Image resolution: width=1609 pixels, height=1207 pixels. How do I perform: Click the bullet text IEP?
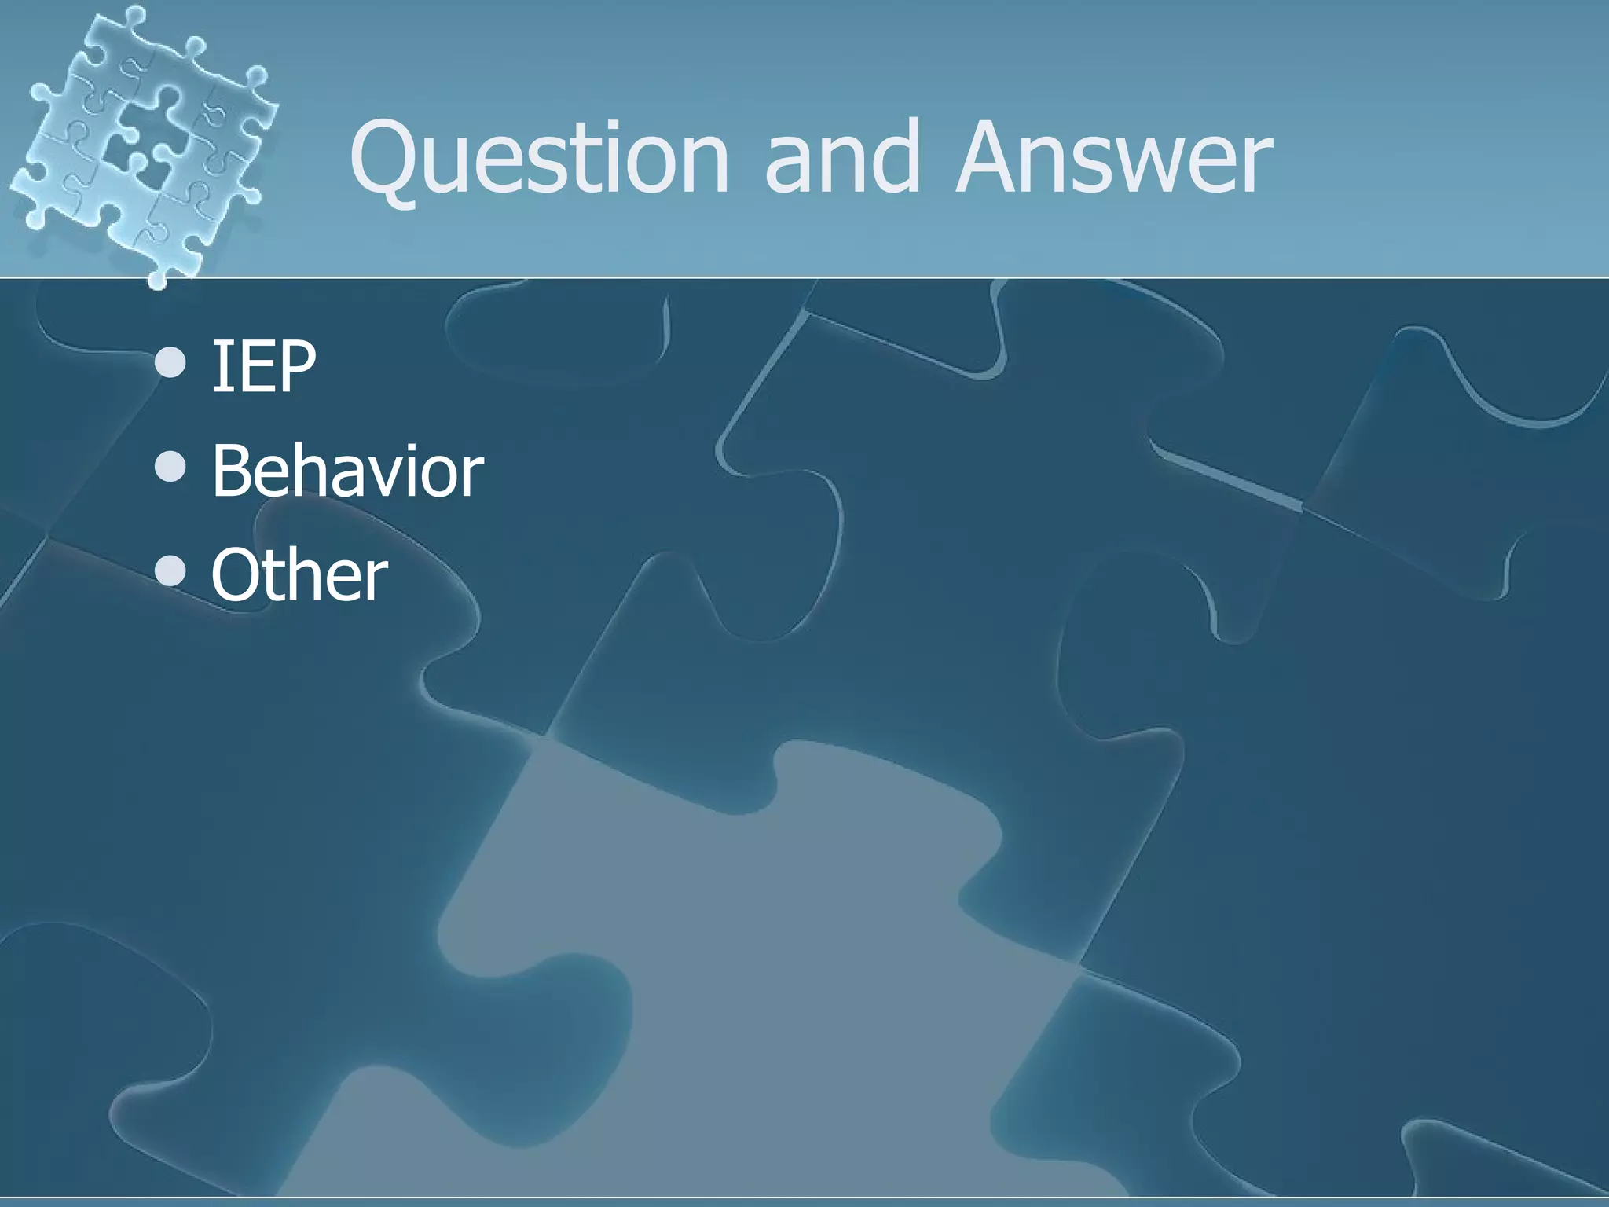point(264,366)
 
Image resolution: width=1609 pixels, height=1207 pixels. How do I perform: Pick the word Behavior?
point(347,471)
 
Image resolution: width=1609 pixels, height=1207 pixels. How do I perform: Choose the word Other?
point(299,576)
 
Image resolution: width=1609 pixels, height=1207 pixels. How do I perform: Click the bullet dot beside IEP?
point(170,364)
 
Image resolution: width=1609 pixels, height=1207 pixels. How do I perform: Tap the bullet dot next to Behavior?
point(170,468)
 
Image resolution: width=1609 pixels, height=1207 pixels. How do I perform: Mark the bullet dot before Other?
point(170,573)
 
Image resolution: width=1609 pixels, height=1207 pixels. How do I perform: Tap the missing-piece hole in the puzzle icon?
point(130,149)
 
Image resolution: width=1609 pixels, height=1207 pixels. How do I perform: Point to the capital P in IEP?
point(294,366)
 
